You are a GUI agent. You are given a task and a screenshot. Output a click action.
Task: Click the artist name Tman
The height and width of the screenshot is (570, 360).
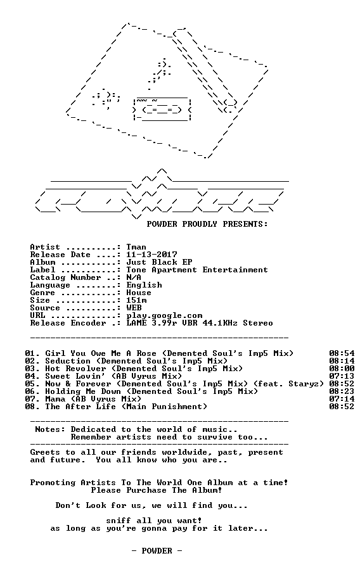136,247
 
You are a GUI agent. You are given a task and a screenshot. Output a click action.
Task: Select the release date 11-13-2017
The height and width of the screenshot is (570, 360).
151,255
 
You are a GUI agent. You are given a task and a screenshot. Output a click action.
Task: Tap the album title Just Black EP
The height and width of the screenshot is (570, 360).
159,262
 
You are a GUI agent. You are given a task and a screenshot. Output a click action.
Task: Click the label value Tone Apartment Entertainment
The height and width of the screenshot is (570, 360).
197,270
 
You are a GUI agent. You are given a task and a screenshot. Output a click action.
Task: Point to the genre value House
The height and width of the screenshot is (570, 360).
139,293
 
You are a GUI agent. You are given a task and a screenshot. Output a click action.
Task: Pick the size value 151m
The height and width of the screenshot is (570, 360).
136,300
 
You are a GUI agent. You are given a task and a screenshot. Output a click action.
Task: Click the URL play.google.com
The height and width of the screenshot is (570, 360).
164,315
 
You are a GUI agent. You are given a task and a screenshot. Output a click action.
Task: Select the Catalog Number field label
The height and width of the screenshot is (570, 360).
65,278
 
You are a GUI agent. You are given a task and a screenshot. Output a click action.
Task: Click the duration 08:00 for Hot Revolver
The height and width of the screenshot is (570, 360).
342,369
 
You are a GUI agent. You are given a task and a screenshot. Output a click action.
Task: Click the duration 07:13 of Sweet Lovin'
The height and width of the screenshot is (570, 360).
342,376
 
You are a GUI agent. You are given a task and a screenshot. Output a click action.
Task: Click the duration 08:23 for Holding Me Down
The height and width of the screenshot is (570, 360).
342,391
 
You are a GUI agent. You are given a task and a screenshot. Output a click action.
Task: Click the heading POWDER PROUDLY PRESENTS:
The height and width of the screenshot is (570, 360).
207,224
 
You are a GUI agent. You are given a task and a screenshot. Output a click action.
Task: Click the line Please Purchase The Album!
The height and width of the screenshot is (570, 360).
157,490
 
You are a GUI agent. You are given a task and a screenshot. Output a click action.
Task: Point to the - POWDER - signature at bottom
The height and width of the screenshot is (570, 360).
157,551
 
